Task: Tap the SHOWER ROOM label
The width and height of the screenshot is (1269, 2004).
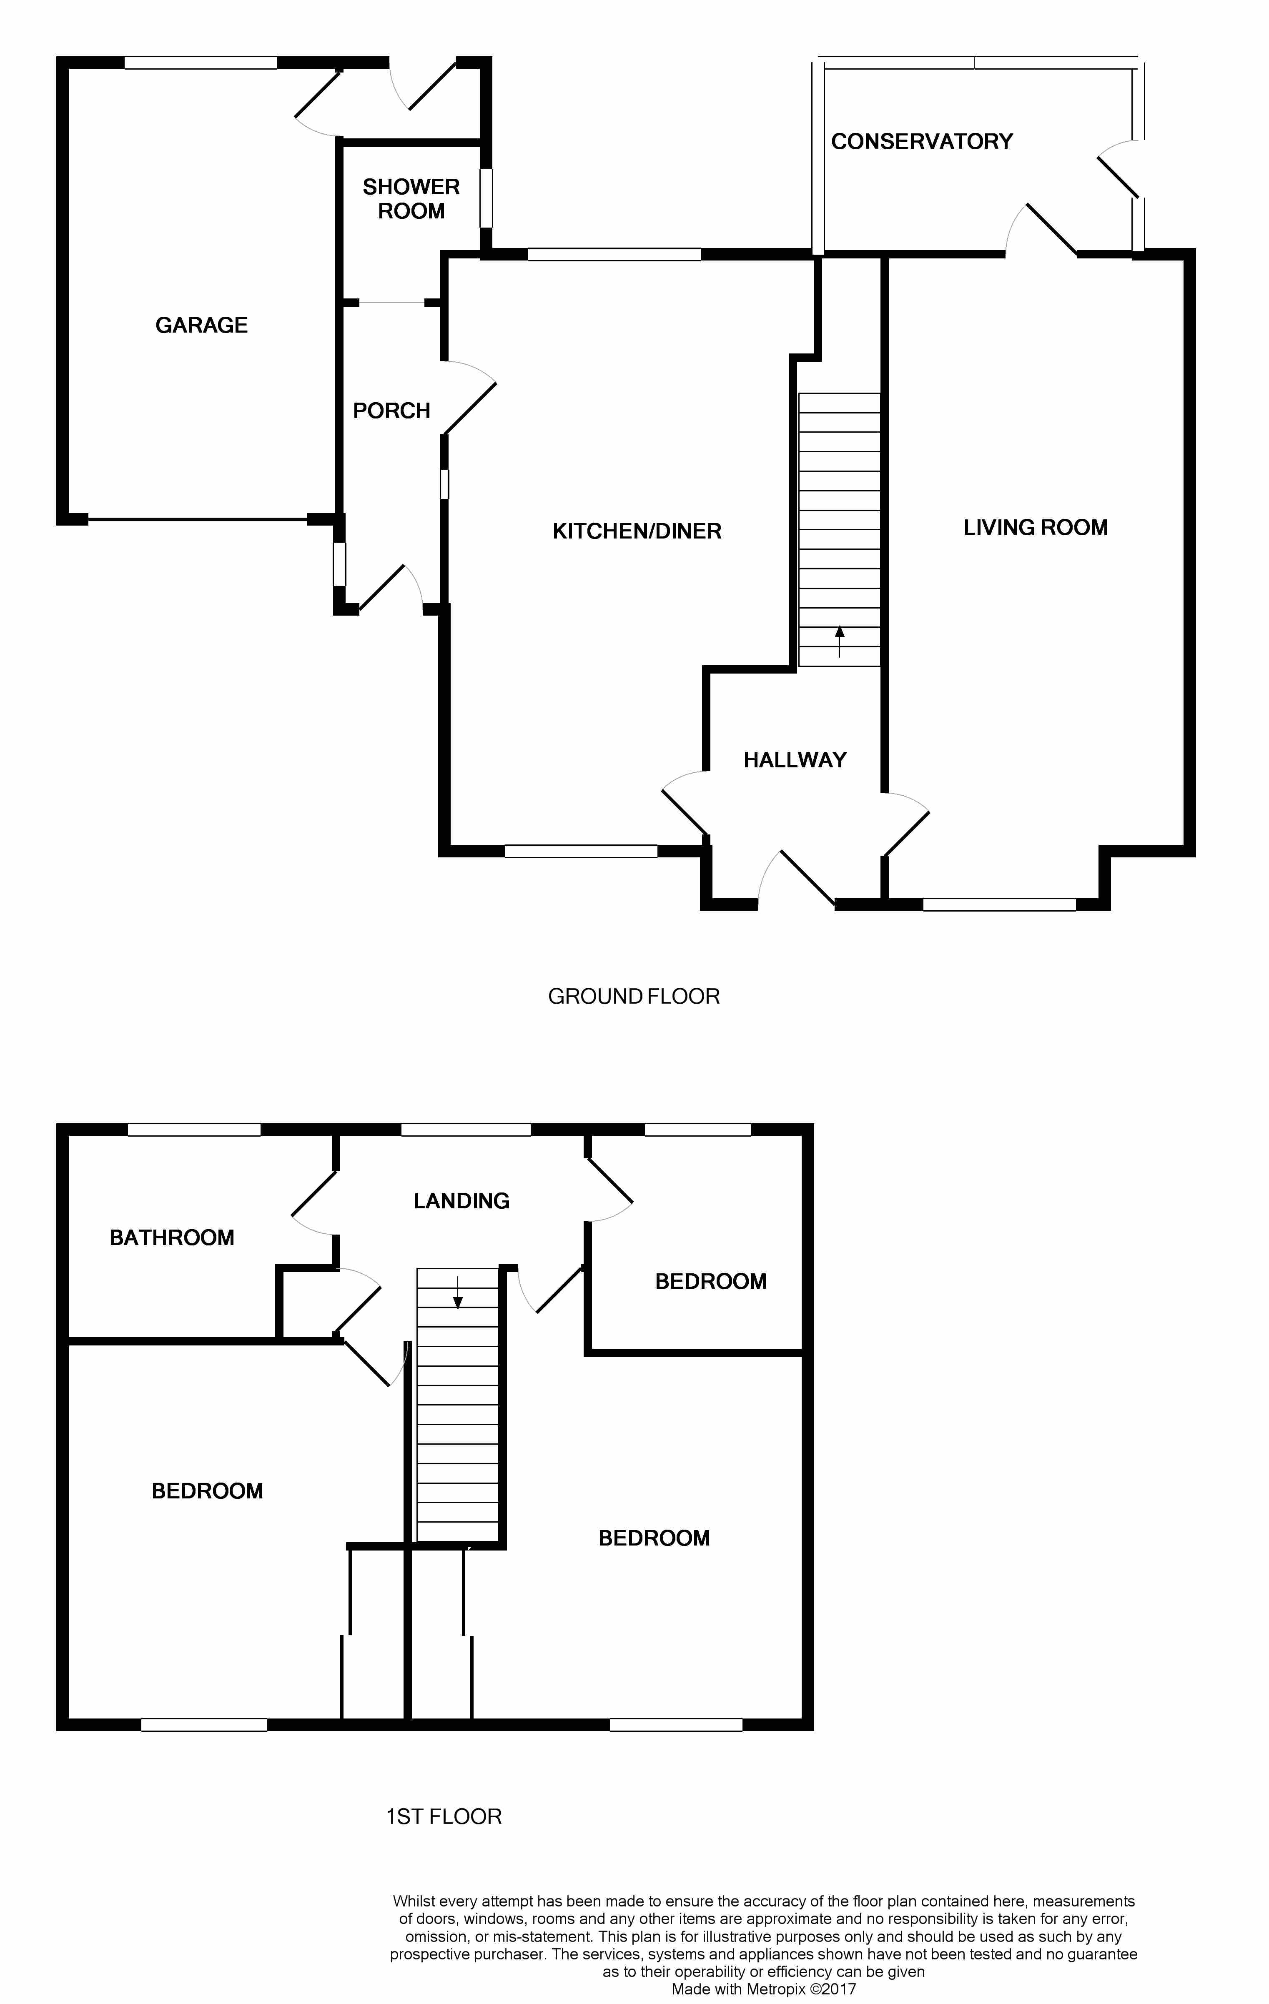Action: tap(411, 199)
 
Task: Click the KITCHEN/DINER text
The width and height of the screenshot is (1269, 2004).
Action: tap(637, 531)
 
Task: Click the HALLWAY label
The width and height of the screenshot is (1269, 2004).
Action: tap(795, 760)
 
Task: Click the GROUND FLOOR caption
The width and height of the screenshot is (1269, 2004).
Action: tap(633, 996)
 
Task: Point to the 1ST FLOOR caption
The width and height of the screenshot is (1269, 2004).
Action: tap(444, 1816)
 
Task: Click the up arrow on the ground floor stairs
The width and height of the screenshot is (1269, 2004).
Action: tap(840, 641)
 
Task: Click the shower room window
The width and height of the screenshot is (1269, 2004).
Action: tap(486, 198)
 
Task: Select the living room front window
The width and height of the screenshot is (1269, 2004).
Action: tap(998, 904)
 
